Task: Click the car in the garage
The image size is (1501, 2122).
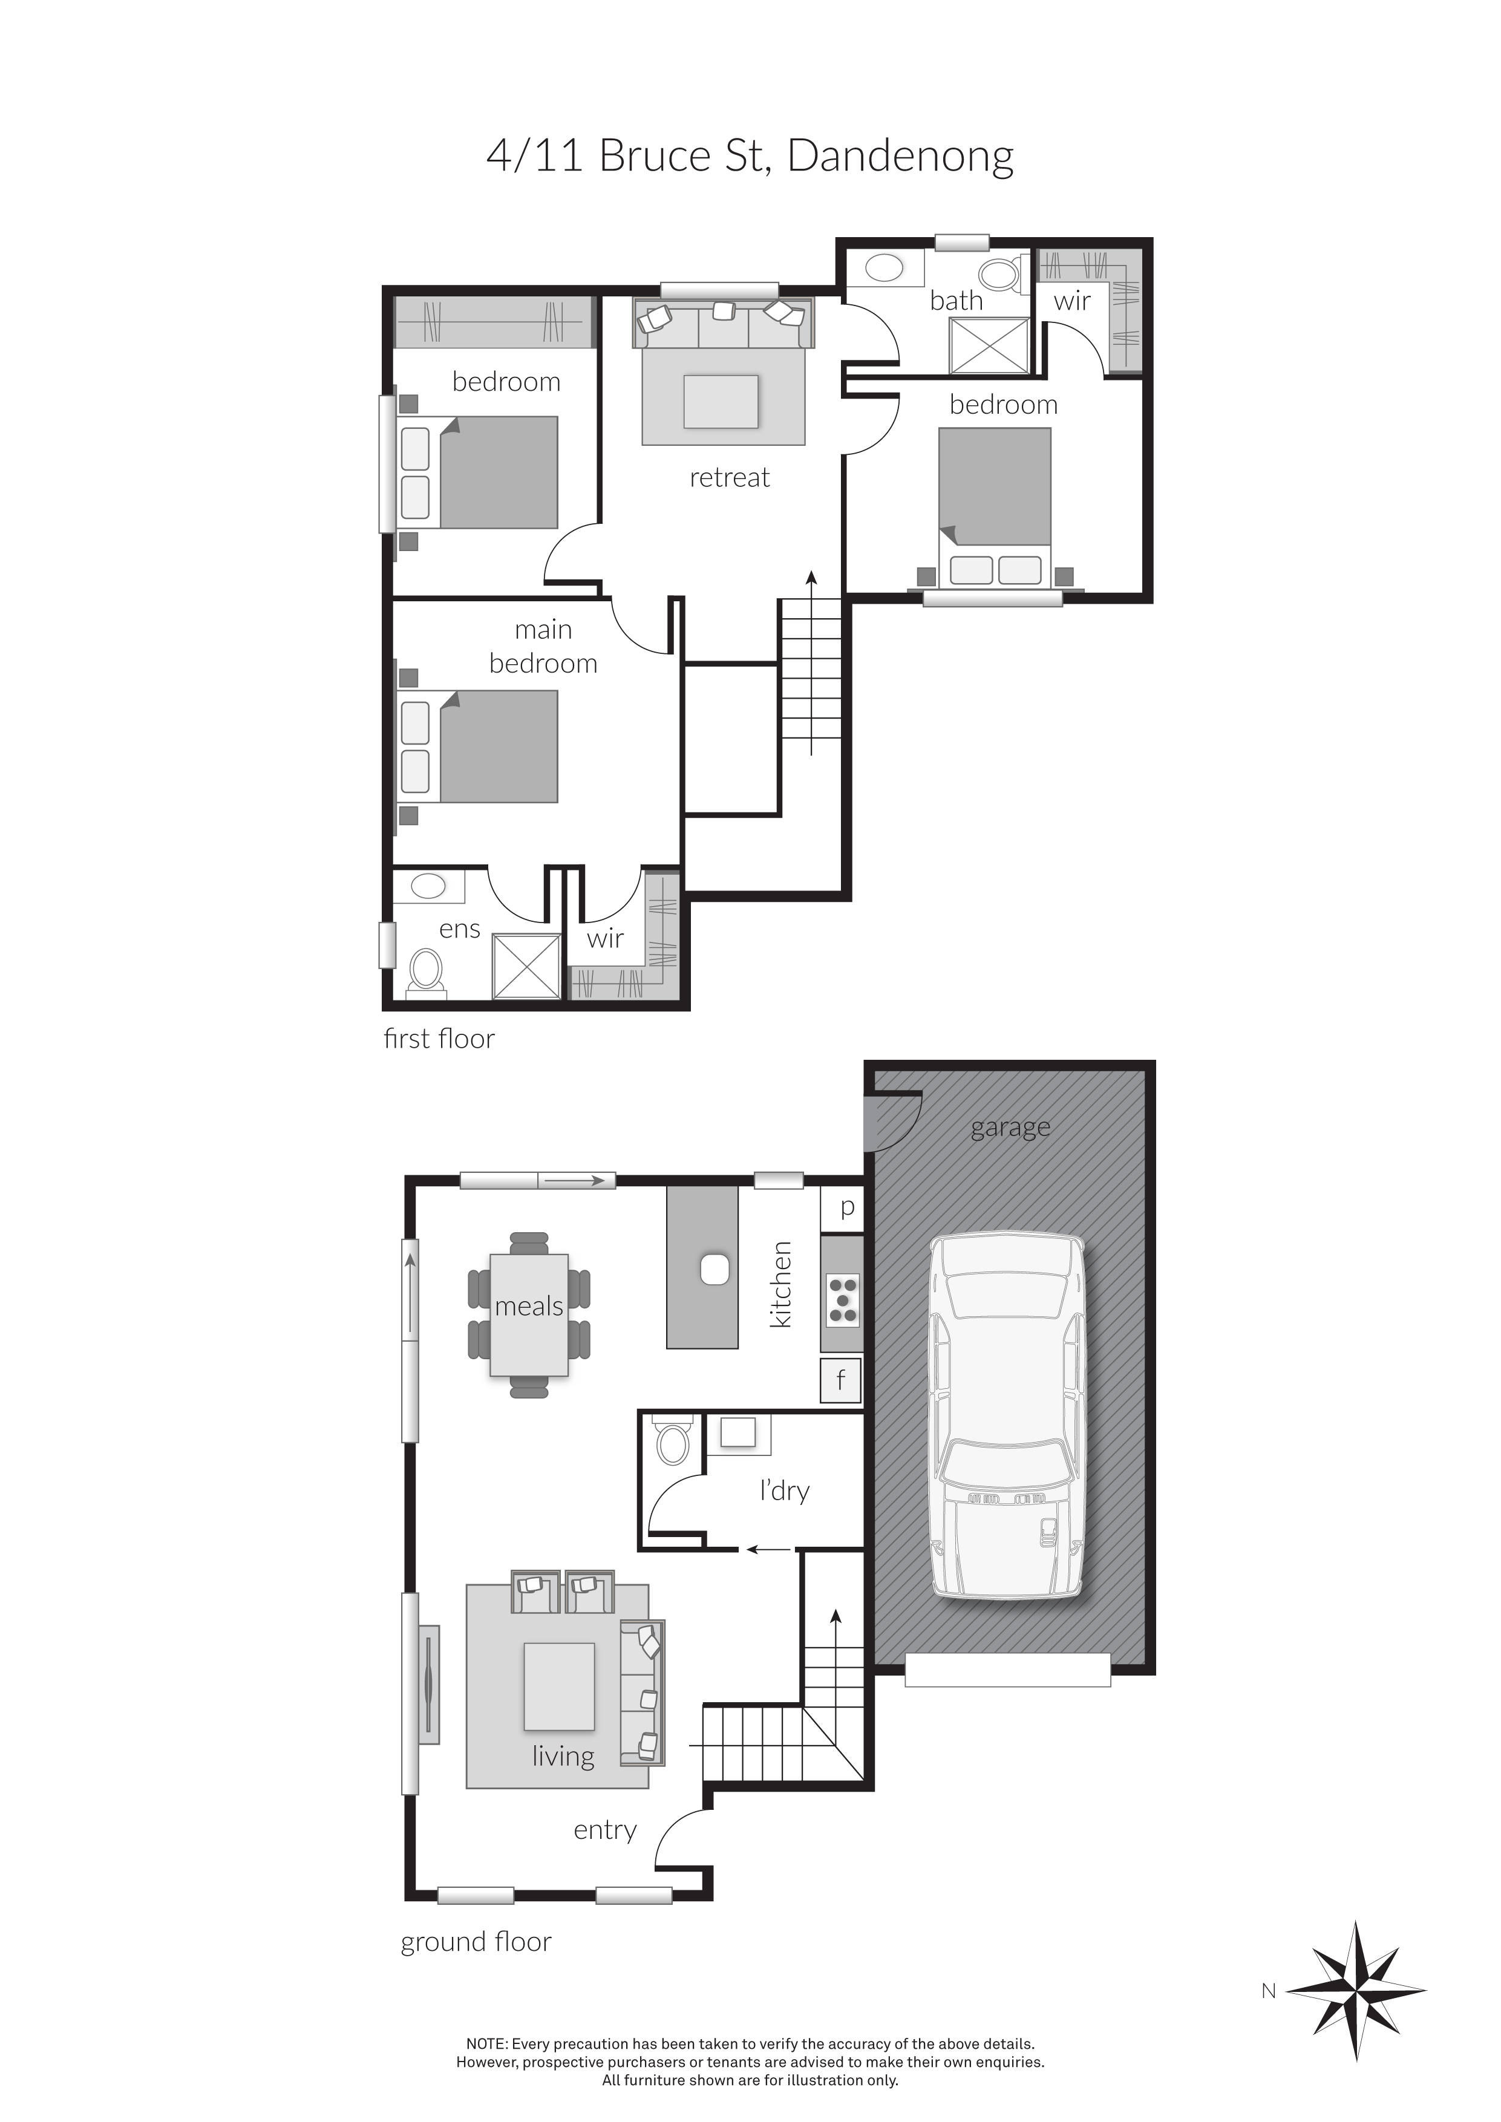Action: pos(1007,1415)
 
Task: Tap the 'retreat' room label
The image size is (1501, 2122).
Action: pos(729,478)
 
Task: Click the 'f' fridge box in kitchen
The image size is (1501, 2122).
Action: pos(841,1381)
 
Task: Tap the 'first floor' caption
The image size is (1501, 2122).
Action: pos(439,1039)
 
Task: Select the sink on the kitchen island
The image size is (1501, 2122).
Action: pos(715,1269)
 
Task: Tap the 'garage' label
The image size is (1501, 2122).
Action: pos(1010,1128)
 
